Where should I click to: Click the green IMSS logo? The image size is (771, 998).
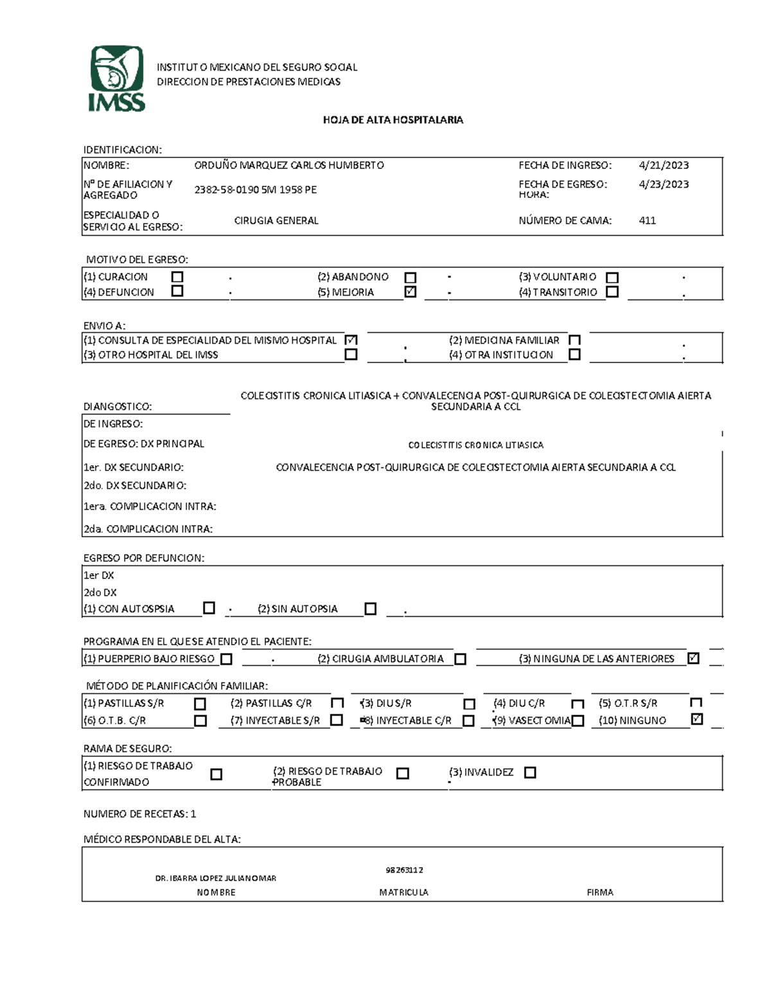pos(116,78)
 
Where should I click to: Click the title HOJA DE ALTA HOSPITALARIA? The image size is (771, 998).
pos(393,120)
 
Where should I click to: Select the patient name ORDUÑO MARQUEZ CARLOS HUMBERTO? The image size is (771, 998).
pos(289,165)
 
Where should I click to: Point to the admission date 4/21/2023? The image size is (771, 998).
pos(664,165)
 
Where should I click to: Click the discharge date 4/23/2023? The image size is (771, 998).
pos(664,184)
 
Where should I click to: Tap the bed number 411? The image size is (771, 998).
pos(647,220)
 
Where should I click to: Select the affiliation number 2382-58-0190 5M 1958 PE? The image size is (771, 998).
pos(255,190)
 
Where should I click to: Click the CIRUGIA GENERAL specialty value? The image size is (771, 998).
pos(276,220)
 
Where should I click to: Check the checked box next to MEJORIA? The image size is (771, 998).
pos(411,292)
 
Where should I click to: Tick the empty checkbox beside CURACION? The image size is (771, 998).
pos(177,276)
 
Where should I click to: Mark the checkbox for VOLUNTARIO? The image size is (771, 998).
pos(612,278)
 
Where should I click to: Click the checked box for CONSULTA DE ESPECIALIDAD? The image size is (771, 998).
pos(351,339)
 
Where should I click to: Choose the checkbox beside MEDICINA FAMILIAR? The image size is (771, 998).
pos(574,339)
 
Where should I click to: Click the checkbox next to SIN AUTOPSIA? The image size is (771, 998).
pos(370,609)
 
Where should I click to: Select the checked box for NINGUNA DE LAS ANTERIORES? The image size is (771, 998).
pos(693,658)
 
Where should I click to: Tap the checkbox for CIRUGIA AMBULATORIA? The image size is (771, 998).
pos(460,659)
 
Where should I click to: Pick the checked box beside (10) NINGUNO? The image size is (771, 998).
pos(696,720)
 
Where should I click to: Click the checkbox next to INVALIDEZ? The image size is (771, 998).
pos(529,772)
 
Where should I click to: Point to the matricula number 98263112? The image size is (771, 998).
pos(404,870)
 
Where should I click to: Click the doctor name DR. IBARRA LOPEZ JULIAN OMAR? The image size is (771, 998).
pos(216,878)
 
